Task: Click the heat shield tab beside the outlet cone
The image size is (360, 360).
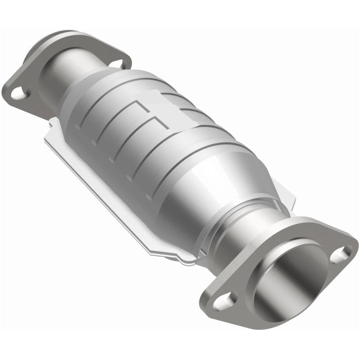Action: [x=288, y=198]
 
